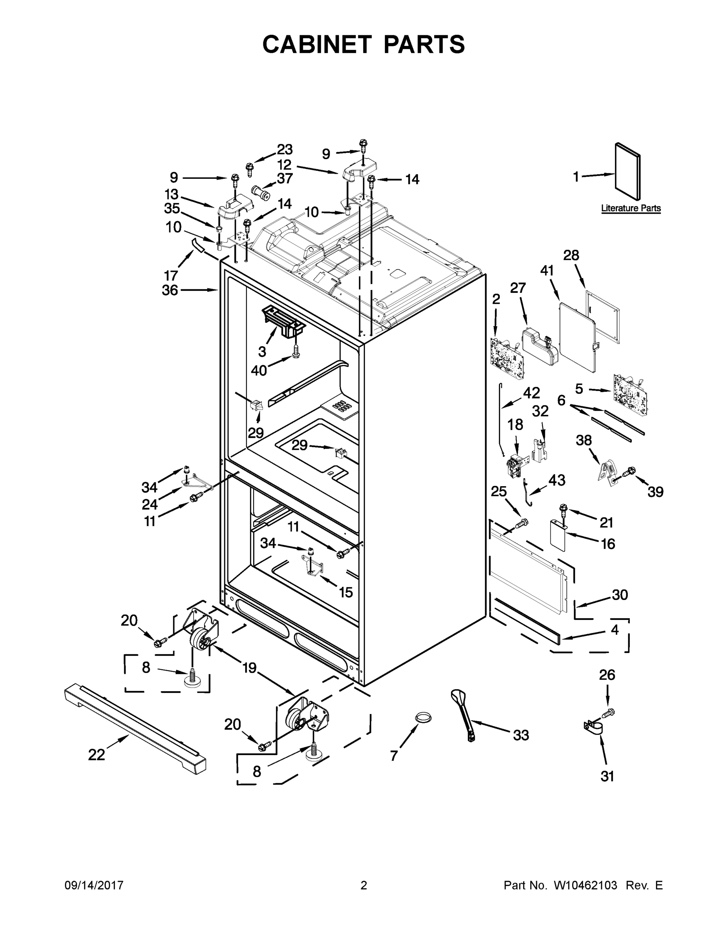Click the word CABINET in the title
317,44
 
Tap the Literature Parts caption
631,209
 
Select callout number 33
521,735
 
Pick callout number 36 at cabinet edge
170,291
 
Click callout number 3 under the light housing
262,352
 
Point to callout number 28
571,256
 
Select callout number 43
557,480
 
